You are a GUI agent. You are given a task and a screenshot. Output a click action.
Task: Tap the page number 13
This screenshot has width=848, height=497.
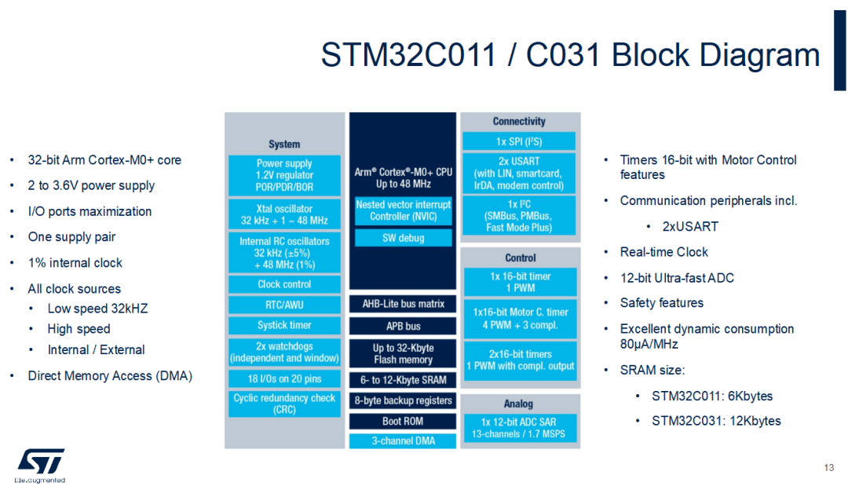(x=828, y=469)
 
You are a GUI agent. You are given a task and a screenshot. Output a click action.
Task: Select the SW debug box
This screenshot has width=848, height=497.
(x=403, y=238)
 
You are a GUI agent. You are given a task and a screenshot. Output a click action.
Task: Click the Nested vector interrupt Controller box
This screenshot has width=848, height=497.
(x=403, y=210)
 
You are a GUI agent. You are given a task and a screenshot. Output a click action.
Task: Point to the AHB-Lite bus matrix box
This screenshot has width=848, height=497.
(x=403, y=304)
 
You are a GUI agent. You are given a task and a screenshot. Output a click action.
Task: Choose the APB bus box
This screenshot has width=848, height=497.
(x=403, y=326)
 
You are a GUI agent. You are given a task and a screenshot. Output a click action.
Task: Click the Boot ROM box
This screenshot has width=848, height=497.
(x=403, y=421)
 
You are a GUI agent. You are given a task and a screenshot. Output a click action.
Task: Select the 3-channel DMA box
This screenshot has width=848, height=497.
(x=403, y=440)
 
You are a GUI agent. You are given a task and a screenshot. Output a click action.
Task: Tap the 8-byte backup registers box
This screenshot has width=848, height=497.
(x=403, y=400)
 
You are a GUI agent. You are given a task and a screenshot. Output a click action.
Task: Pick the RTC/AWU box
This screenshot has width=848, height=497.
(x=284, y=305)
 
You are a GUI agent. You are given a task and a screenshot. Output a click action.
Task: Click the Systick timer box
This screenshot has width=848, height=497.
(x=284, y=325)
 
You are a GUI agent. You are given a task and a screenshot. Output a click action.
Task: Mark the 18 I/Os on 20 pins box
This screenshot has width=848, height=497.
(x=284, y=378)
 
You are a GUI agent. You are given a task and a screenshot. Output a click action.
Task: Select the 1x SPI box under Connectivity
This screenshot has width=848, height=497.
(x=519, y=141)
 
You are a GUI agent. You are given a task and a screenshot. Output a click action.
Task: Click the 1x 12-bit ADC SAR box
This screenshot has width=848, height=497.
(x=519, y=428)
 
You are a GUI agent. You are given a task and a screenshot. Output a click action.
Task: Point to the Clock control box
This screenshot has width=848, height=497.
(x=284, y=284)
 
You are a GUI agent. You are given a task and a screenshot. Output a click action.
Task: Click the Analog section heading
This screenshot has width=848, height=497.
(x=518, y=404)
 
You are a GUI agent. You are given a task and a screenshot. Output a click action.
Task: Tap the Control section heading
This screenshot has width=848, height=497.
(x=520, y=258)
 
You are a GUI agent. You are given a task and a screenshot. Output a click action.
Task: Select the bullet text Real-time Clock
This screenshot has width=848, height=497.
(x=663, y=252)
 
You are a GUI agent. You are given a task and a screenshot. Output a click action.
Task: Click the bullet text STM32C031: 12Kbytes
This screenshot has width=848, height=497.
(x=716, y=421)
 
